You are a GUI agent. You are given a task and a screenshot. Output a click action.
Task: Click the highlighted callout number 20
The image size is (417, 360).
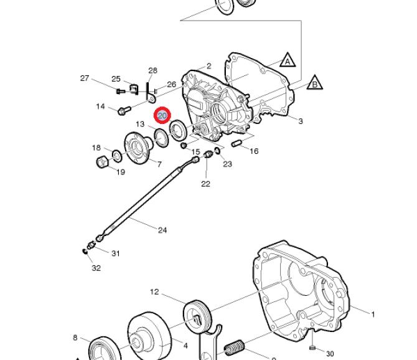point(162,116)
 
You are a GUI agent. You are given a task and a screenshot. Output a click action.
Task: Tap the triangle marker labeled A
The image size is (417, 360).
point(287,61)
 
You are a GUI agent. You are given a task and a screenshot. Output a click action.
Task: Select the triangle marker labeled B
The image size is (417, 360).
point(314,83)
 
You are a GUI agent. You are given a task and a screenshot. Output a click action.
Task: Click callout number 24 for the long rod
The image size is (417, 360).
point(162,230)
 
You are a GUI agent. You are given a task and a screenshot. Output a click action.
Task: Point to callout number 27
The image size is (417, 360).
point(85,78)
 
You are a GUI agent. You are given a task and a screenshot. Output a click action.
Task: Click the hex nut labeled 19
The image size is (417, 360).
point(103,163)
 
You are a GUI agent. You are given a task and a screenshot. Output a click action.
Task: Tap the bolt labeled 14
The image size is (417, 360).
point(122,111)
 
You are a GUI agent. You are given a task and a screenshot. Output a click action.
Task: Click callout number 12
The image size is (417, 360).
point(154,291)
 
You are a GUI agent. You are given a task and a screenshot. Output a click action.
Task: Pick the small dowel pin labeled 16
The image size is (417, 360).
point(237,144)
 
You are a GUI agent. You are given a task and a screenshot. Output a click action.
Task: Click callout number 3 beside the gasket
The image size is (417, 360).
point(301,121)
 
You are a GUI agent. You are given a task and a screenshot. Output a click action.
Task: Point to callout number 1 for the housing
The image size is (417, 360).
point(373,315)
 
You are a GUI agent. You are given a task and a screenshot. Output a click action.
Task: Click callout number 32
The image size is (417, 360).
point(96,268)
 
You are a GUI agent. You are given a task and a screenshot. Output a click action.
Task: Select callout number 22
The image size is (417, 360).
point(205,183)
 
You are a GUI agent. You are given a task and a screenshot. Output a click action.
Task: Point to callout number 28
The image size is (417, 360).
point(153,70)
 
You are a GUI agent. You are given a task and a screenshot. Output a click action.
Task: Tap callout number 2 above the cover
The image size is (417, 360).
point(209,65)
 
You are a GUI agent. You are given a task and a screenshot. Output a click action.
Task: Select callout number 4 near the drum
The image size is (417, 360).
point(185,344)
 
